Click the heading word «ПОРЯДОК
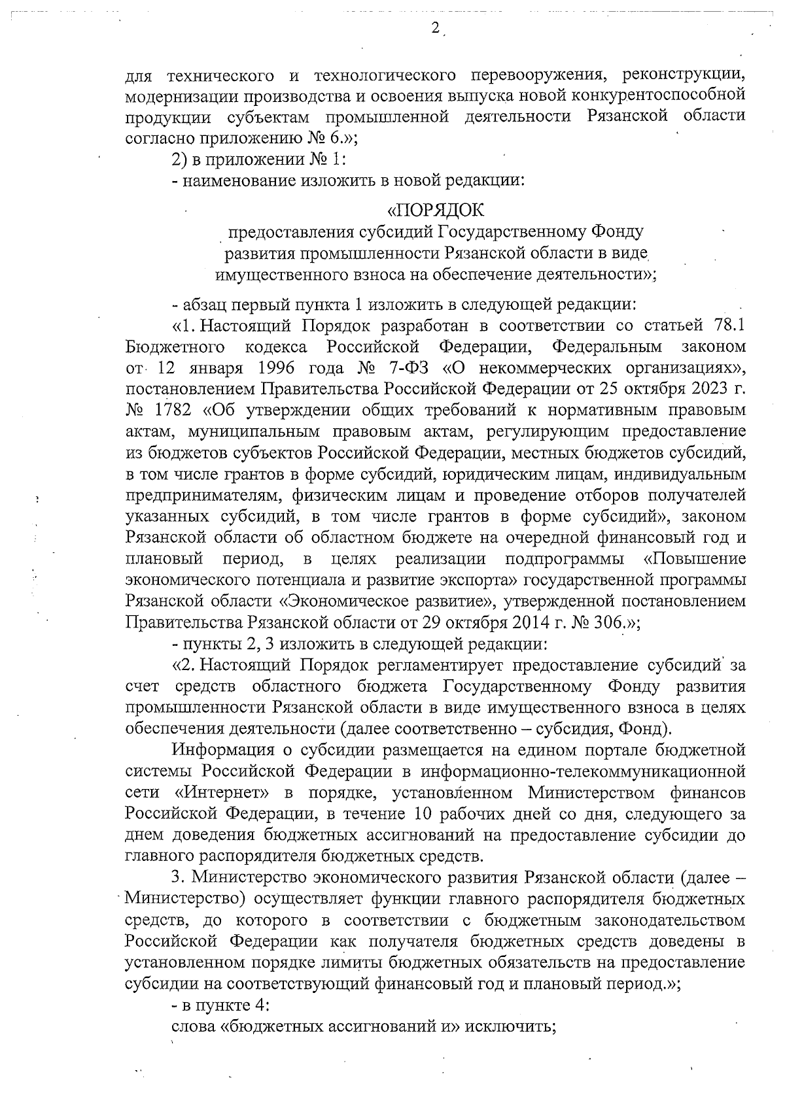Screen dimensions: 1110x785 [436, 211]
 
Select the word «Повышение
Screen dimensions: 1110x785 [695, 559]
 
